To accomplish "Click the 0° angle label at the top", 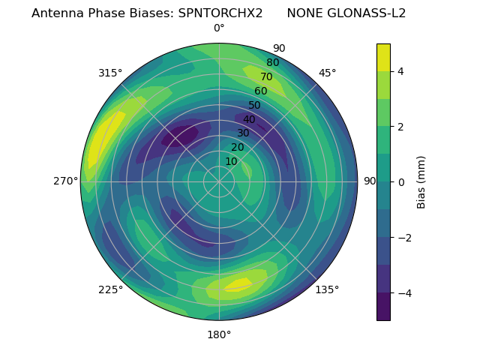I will click(219, 28).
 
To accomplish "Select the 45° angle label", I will click(327, 73).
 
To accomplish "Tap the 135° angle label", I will click(327, 289).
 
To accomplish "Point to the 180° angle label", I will click(219, 334).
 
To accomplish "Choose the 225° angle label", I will click(110, 289).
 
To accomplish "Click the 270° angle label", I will click(65, 181).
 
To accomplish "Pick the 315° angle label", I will click(110, 73).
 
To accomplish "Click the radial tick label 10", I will click(231, 161).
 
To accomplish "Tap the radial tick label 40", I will click(249, 119).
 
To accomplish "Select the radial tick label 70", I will click(266, 76).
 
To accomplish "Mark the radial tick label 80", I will click(272, 62).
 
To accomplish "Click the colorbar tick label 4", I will click(400, 71).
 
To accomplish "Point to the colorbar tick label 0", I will click(400, 181).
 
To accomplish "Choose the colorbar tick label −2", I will click(403, 238).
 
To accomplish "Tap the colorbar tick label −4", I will click(403, 293).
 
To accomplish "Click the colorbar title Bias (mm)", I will click(421, 181).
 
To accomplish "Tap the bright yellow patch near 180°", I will click(238, 285).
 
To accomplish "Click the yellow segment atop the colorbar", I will click(383, 57).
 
